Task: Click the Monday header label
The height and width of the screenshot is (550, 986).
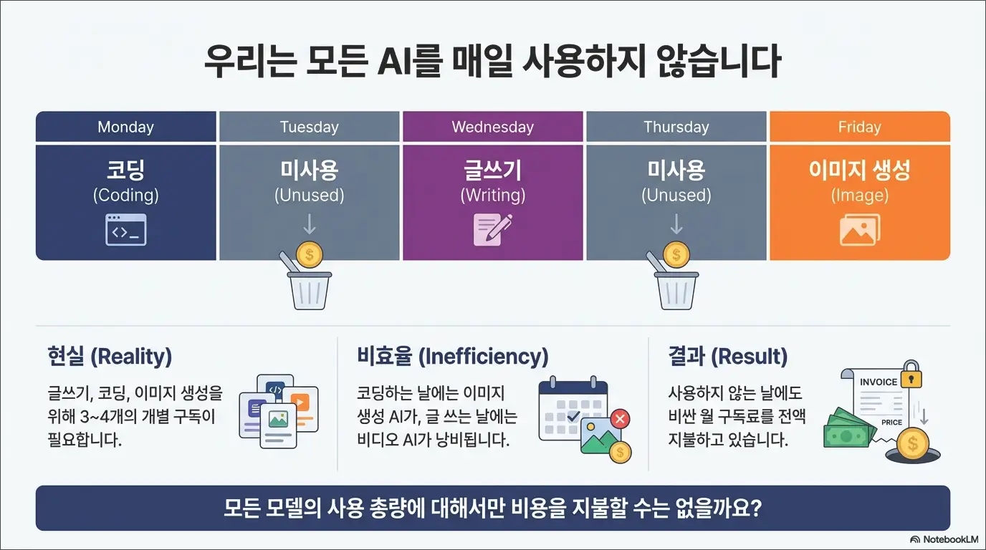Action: pos(125,127)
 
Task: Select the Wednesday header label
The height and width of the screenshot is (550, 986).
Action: pos(492,127)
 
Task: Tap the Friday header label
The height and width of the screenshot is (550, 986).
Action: pos(859,127)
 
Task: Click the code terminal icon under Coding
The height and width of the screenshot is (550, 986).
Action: pos(126,230)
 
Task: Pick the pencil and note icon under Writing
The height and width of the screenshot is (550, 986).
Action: pos(492,230)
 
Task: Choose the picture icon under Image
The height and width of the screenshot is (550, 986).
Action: pos(859,230)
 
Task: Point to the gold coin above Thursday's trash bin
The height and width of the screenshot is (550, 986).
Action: pos(675,254)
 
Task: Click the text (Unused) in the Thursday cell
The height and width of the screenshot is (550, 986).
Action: pos(676,195)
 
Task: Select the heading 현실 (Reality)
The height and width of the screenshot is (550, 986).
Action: pos(110,356)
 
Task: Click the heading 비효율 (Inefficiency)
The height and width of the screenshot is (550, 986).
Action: pos(452,356)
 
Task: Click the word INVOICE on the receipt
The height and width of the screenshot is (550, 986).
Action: pos(879,382)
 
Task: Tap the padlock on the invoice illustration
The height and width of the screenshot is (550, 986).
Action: pos(911,376)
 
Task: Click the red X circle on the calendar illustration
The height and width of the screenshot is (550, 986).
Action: pos(621,418)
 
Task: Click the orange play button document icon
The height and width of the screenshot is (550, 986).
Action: pos(301,402)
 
